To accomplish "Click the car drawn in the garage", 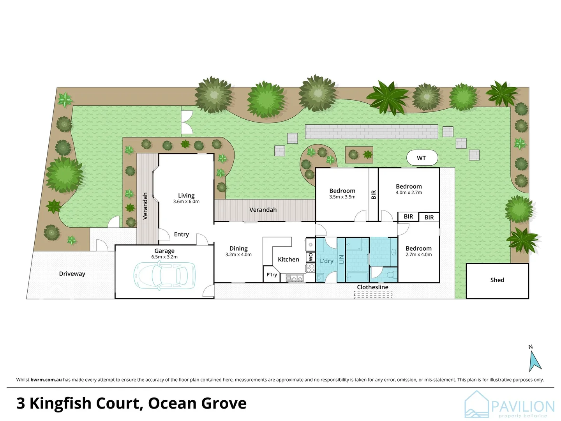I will coord(164,276).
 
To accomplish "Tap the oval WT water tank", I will coord(422,158).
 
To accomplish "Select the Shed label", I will coord(497,280).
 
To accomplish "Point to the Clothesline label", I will coord(372,287).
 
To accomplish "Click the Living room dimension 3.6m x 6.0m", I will coord(186,202).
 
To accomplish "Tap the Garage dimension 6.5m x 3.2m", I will coord(164,257).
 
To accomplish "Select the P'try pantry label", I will coord(272,275).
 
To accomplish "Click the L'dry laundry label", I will coord(326,261).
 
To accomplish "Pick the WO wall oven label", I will coord(310,257).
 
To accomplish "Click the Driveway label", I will coord(72,274).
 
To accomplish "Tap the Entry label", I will coord(181,234).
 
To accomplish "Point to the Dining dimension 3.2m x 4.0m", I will coord(238,255).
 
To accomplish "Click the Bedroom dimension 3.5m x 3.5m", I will coord(342,197).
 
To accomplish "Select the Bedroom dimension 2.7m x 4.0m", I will coord(418,255).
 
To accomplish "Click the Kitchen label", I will coord(288,260).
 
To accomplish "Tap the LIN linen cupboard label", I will coord(341,259).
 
